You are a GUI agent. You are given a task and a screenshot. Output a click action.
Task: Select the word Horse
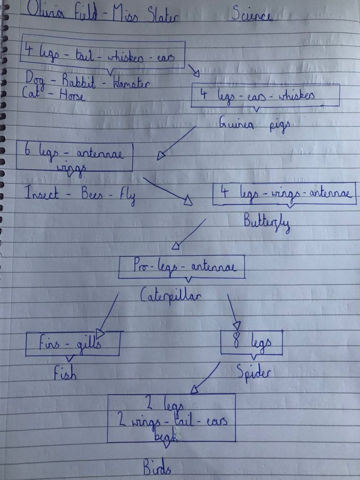pyautogui.click(x=71, y=96)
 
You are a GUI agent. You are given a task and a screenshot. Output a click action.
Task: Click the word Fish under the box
pyautogui.click(x=65, y=374)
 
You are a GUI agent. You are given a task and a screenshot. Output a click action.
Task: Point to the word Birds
pyautogui.click(x=157, y=467)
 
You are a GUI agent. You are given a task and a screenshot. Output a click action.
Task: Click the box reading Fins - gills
pyautogui.click(x=72, y=344)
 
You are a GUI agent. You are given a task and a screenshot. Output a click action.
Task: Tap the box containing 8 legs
pyautogui.click(x=252, y=342)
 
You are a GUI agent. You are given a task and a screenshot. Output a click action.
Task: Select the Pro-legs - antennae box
pyautogui.click(x=182, y=268)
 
